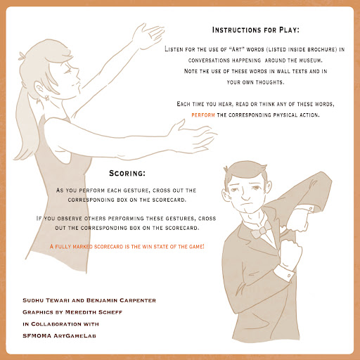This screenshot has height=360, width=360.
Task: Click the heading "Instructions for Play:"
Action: point(256,30)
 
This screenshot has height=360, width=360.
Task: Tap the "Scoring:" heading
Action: point(127,173)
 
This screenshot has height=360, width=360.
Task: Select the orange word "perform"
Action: point(203,115)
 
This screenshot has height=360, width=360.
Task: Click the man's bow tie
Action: point(261,230)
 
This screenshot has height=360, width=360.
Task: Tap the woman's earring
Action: point(47,98)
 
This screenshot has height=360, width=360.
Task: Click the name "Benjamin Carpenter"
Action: point(121,300)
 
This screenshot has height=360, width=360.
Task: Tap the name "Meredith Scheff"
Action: point(94,312)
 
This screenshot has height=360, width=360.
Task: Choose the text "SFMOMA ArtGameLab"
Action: point(59,336)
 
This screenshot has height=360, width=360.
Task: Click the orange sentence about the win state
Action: point(127,247)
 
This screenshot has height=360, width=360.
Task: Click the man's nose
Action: point(245,195)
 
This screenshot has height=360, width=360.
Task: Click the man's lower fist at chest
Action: point(290,252)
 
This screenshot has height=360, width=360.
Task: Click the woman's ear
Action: point(40,89)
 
